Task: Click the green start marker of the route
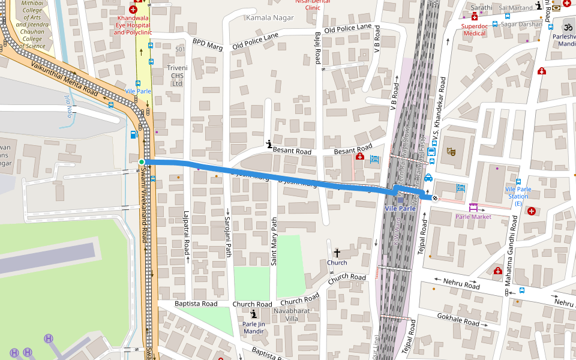142,162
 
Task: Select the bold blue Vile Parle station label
400,208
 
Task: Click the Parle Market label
473,217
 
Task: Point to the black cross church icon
337,253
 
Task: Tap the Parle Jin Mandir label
254,328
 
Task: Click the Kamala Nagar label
269,18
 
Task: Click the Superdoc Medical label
474,29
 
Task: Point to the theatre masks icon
451,151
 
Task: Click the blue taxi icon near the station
428,178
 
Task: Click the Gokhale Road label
458,319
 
